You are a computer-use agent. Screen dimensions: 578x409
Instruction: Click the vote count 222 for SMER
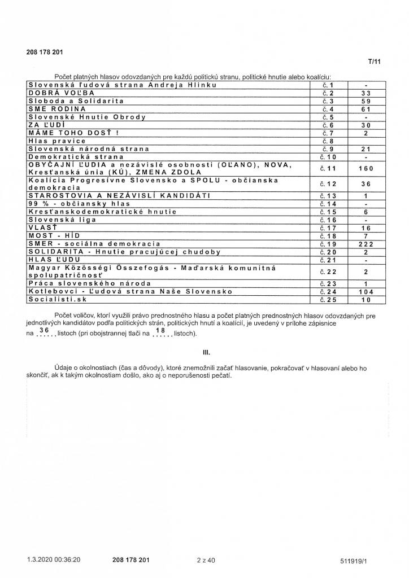click(x=366, y=243)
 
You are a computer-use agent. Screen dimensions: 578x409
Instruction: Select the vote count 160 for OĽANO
click(x=366, y=168)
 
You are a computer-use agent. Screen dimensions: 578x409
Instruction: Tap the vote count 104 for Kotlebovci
click(x=366, y=292)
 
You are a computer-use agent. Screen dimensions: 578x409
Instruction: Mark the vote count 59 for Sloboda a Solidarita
click(x=366, y=100)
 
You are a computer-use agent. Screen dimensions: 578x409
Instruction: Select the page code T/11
click(x=374, y=62)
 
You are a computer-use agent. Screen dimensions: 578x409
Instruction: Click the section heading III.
click(x=206, y=352)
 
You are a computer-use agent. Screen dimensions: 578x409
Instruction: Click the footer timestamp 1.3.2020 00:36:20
click(x=53, y=560)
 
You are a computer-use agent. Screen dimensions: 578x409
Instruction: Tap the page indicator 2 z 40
click(x=206, y=560)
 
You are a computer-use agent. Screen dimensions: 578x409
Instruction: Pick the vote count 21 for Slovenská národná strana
click(x=366, y=148)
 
